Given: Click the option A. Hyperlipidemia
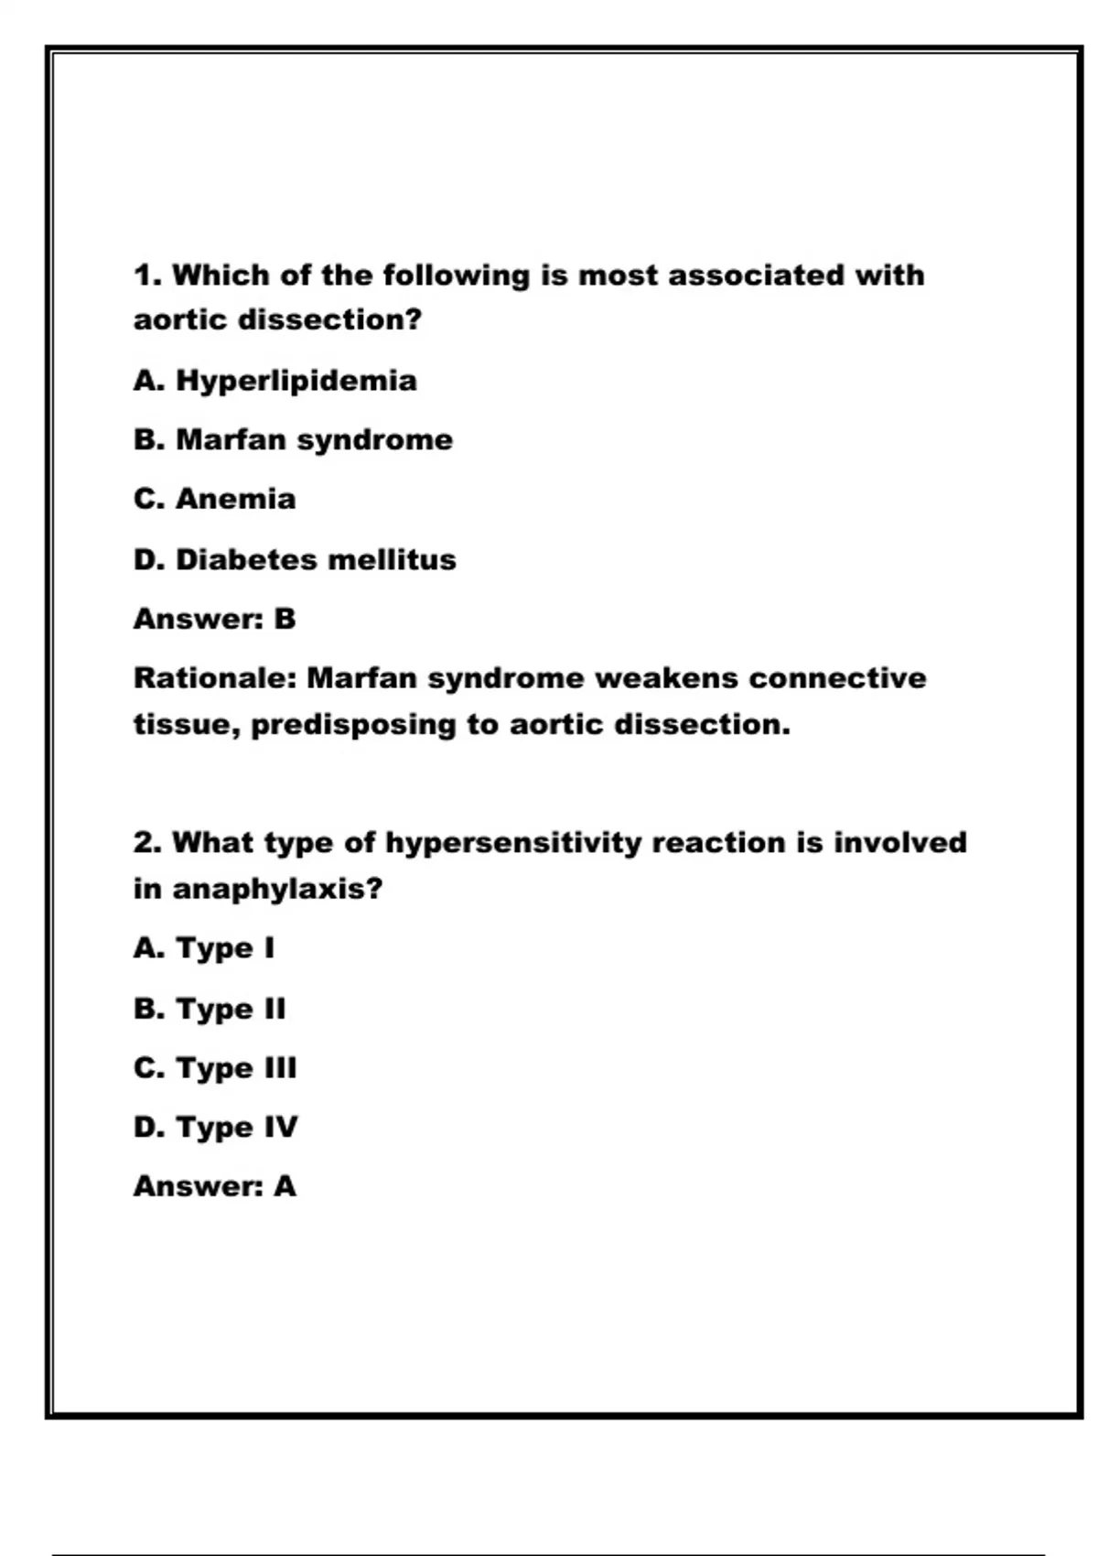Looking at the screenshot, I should (x=274, y=381).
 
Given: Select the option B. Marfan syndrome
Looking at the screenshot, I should (x=293, y=440).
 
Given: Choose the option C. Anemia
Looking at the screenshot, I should (x=215, y=500).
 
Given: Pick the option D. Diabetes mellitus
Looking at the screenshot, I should (x=295, y=559).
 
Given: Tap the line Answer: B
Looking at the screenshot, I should (x=215, y=620).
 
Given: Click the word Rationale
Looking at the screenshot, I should (x=216, y=679).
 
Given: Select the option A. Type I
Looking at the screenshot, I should (x=204, y=949).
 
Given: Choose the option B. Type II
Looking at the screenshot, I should (x=210, y=1009).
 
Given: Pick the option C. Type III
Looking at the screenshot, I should (x=215, y=1068).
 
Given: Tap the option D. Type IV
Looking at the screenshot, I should (x=216, y=1128).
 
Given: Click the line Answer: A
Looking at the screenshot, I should (x=215, y=1187).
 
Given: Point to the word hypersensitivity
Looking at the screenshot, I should (x=513, y=844).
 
